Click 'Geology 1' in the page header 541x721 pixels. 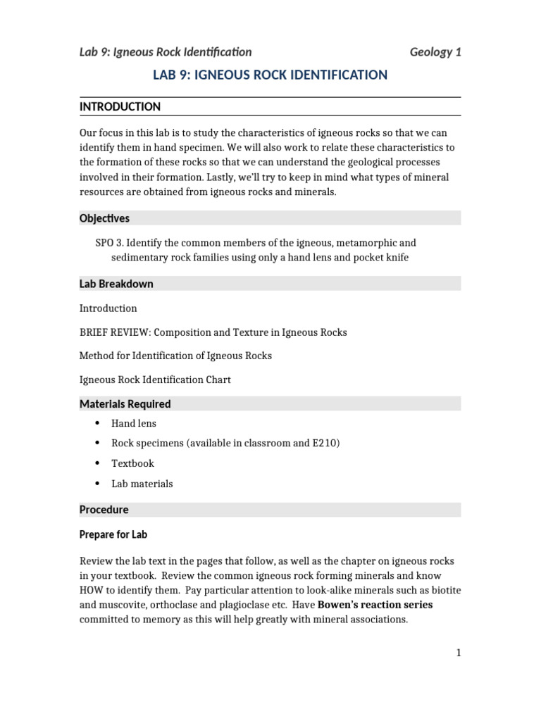tap(435, 51)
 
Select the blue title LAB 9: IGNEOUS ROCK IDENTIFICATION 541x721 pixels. tap(270, 75)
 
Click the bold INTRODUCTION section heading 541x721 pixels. tap(120, 106)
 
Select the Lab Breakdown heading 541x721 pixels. tap(116, 284)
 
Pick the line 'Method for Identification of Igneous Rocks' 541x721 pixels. tap(175, 356)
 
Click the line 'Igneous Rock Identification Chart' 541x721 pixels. tap(155, 380)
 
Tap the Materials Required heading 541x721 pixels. tap(125, 404)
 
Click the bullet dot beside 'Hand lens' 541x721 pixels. tap(97, 423)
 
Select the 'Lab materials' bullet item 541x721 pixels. tap(142, 484)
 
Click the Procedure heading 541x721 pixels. tap(104, 509)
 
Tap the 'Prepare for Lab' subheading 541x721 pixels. tap(113, 534)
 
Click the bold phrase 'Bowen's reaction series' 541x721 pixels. tap(375, 605)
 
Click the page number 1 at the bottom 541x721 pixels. tap(458, 653)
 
